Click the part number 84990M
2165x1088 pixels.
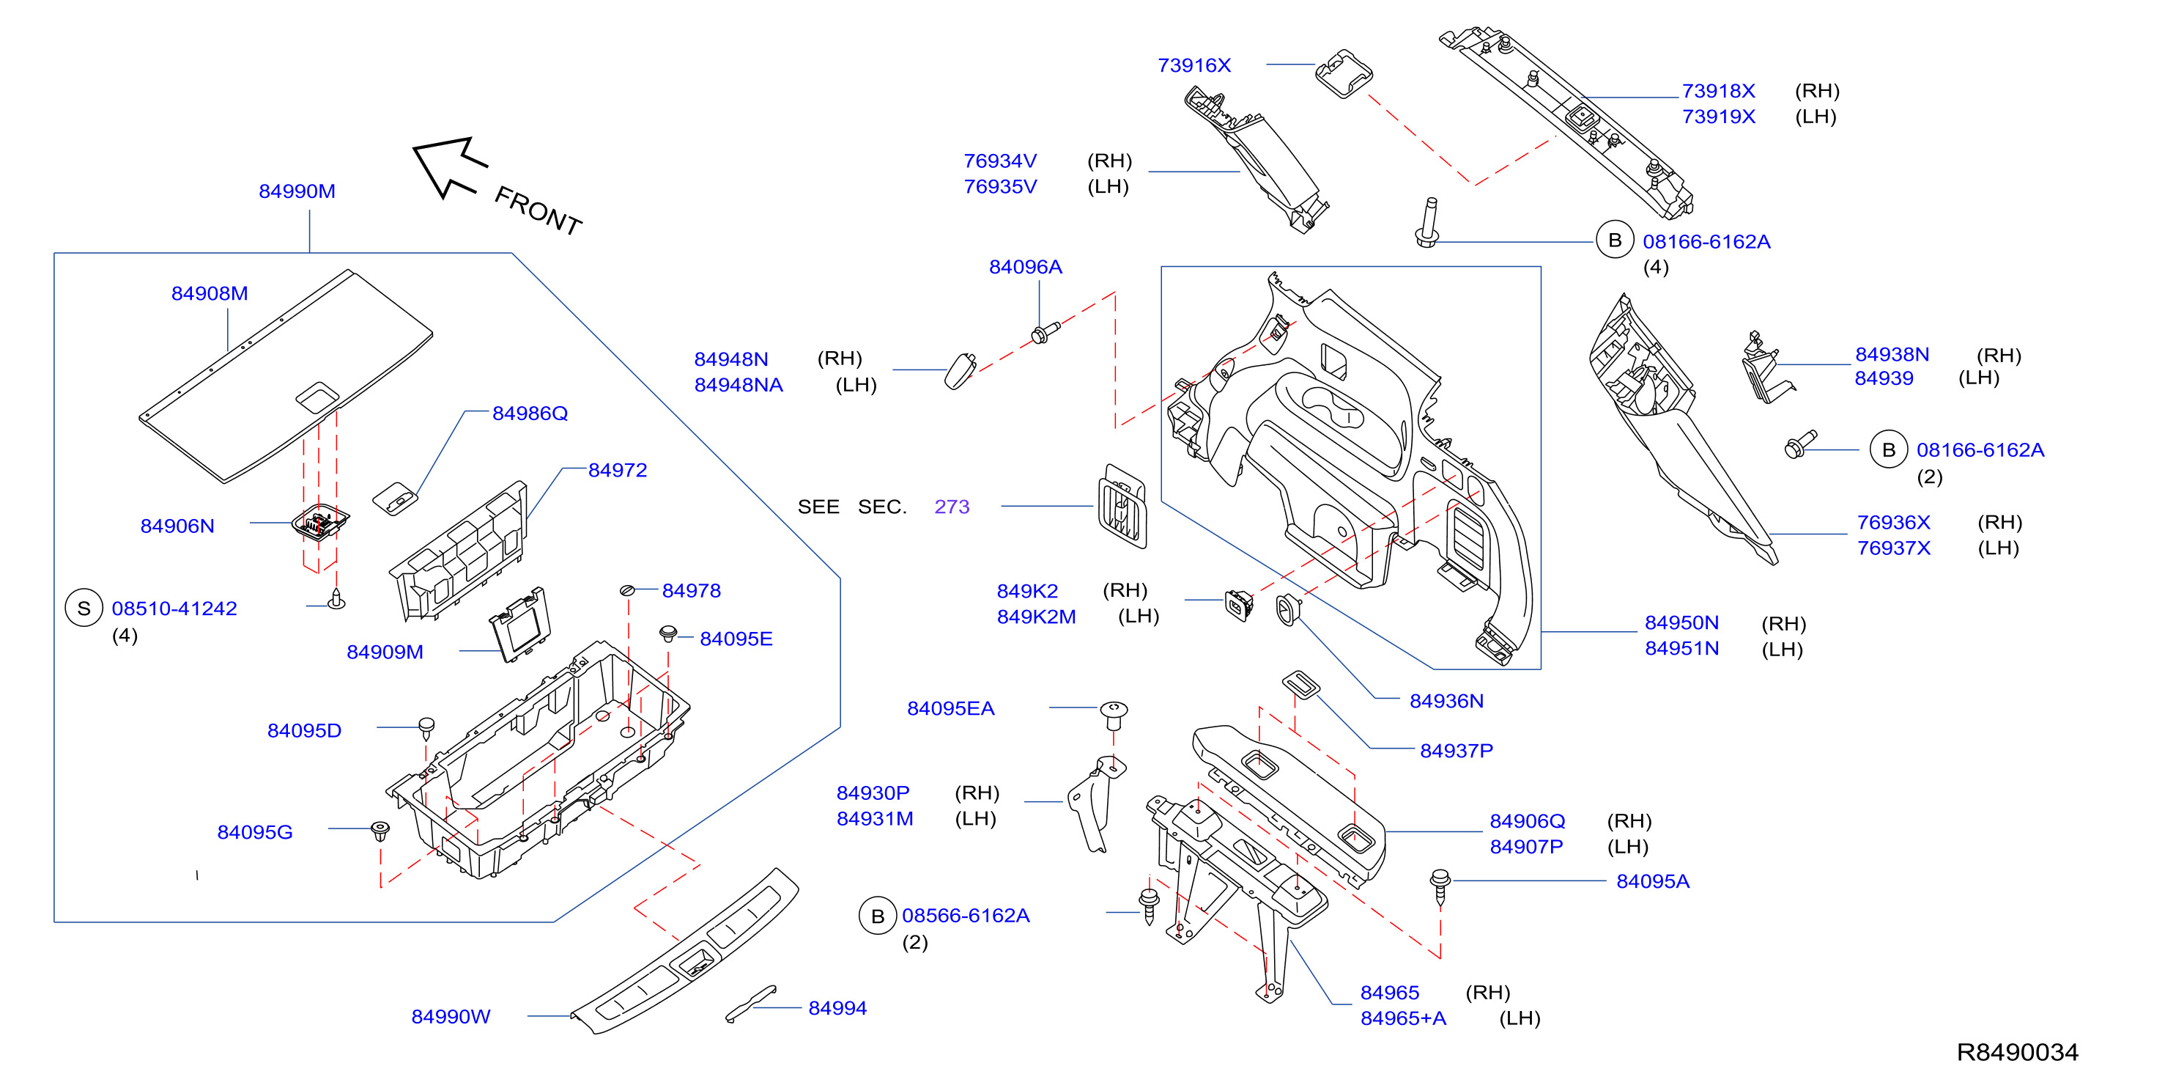[297, 191]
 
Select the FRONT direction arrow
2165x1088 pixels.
[449, 166]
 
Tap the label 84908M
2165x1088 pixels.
[210, 293]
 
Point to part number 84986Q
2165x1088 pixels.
[530, 413]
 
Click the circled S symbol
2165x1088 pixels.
[84, 609]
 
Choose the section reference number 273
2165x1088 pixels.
[952, 507]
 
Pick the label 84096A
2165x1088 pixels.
[1025, 268]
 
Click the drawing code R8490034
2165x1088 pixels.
[2017, 1053]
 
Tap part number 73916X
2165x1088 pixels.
[1194, 65]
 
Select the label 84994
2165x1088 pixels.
[837, 1008]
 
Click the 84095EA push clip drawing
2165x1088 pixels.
[1114, 716]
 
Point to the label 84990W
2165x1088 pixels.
[451, 1017]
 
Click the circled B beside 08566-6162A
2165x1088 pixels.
[878, 916]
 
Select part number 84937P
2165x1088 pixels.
[1457, 751]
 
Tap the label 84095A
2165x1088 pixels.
[1652, 881]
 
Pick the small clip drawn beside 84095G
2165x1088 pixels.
[381, 831]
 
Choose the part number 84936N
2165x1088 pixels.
[1446, 701]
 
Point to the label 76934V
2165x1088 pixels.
[1000, 161]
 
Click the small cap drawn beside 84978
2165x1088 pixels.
[627, 591]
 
